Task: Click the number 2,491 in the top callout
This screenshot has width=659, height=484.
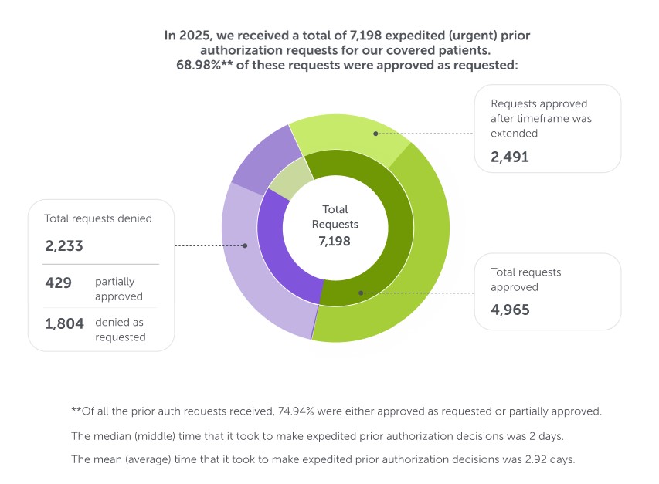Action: click(x=510, y=158)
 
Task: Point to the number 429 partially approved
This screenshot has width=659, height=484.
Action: click(x=58, y=283)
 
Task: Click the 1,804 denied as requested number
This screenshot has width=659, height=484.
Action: click(x=64, y=323)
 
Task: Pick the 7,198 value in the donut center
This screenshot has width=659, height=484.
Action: click(x=335, y=242)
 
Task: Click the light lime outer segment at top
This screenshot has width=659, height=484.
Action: click(x=348, y=134)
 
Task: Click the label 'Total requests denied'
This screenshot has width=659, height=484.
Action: click(x=98, y=218)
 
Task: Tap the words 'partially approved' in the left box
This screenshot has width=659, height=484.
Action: click(x=119, y=289)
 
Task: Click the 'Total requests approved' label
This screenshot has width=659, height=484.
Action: click(x=526, y=279)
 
